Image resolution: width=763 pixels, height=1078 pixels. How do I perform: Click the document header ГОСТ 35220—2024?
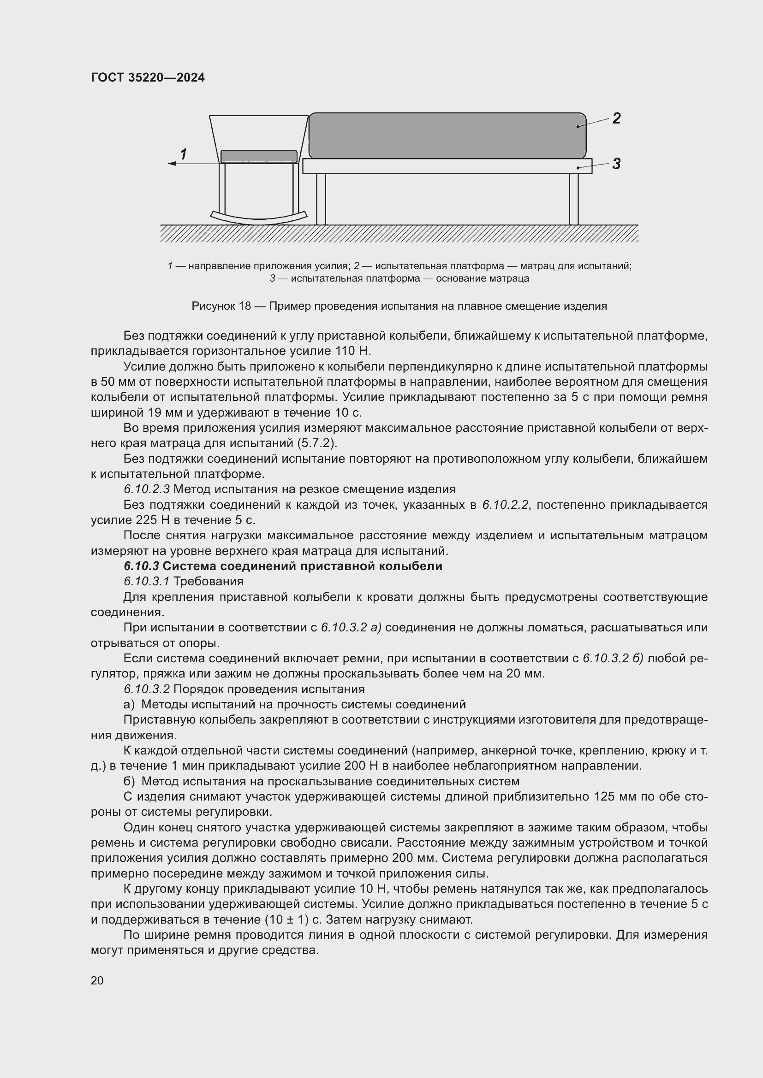click(148, 77)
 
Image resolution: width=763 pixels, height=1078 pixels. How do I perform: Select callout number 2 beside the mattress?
click(616, 118)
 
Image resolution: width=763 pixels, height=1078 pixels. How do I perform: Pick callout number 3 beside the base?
click(616, 164)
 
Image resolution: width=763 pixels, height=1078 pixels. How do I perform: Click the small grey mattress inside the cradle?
click(258, 156)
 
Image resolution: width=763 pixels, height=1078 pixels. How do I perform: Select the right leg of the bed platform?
click(573, 199)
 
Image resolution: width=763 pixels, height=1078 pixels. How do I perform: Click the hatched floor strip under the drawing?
click(399, 233)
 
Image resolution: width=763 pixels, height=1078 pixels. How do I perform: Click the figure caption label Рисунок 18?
click(221, 306)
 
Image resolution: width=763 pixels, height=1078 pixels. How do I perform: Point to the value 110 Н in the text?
click(353, 351)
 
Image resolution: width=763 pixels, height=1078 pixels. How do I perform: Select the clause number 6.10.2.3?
click(146, 489)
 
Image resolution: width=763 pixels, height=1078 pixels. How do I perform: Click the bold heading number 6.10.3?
click(142, 566)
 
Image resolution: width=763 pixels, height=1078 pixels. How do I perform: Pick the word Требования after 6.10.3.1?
click(209, 581)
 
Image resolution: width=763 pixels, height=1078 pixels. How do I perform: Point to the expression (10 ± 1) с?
click(294, 919)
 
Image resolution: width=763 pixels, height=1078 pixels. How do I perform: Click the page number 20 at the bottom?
click(97, 980)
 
